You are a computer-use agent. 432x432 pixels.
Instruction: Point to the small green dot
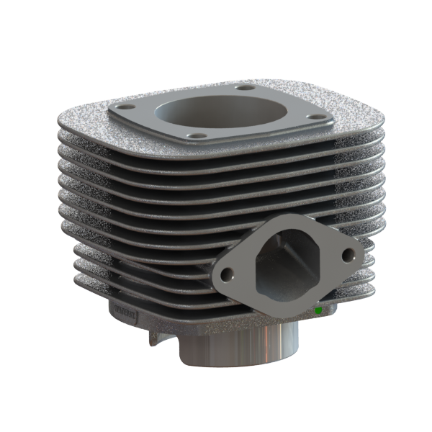pyautogui.click(x=318, y=311)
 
